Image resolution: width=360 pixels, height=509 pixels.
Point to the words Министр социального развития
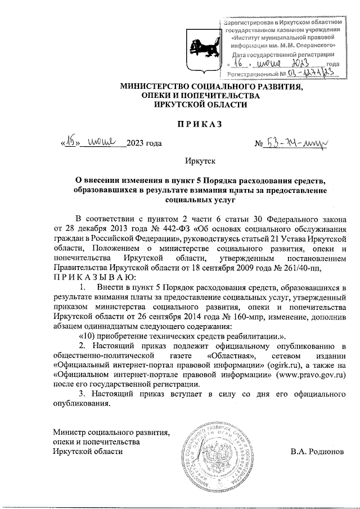click(x=111, y=431)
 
